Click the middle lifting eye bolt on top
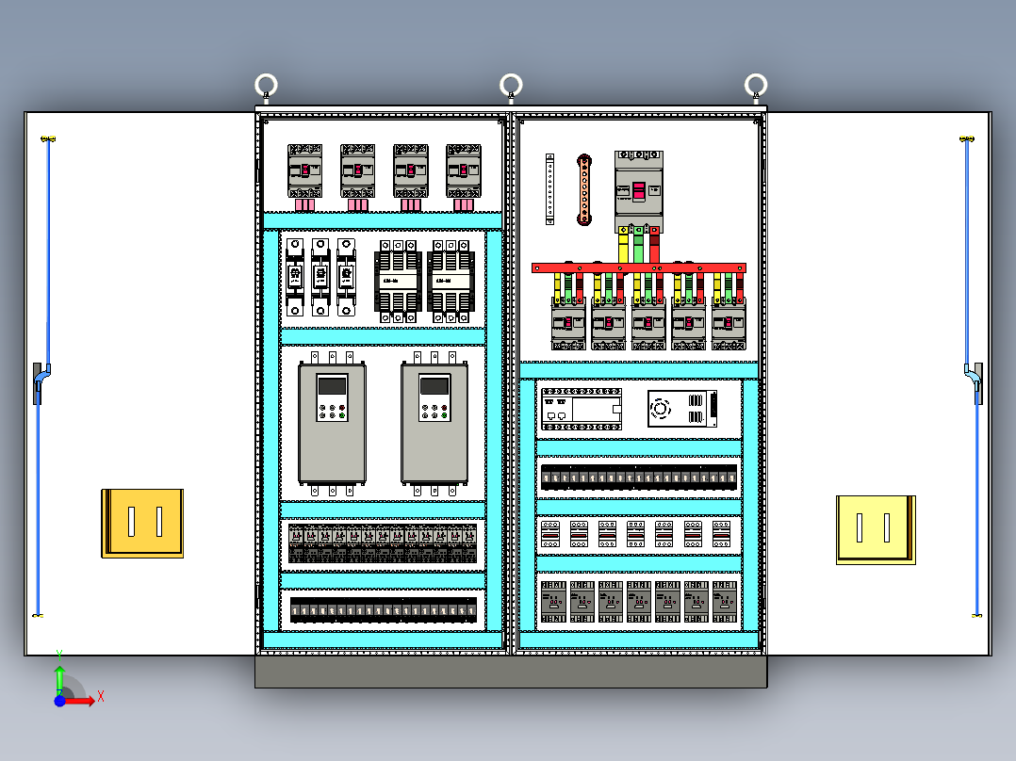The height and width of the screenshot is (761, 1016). tap(511, 86)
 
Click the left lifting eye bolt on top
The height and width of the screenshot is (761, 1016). tap(266, 86)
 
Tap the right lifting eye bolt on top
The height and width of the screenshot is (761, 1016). tap(755, 86)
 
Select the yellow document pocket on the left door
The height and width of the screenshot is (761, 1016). tap(142, 523)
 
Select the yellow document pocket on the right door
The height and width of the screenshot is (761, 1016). tap(876, 529)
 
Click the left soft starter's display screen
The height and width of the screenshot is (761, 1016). tap(332, 385)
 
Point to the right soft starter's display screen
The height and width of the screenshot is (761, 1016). tap(434, 385)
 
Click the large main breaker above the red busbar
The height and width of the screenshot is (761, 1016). tap(639, 188)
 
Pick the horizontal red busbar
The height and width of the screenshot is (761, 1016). tap(639, 268)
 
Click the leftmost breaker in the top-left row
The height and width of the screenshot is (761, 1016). tap(305, 170)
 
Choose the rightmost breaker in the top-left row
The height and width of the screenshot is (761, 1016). tap(464, 170)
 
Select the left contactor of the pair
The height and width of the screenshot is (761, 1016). tap(398, 280)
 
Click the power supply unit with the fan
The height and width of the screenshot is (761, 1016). tap(680, 408)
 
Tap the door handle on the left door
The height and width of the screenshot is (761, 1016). tap(39, 382)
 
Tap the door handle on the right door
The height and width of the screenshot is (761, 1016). tap(975, 382)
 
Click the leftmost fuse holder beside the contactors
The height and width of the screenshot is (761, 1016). tap(295, 276)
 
